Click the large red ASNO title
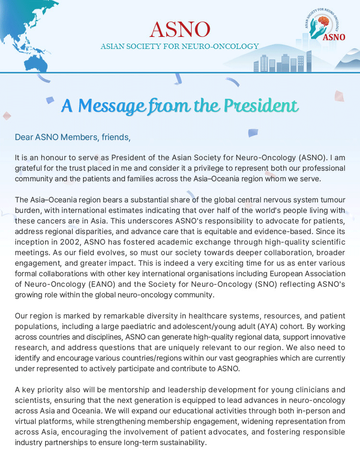click(x=180, y=29)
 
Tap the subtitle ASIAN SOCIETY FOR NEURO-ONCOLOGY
click(x=180, y=47)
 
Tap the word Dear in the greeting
click(x=24, y=137)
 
